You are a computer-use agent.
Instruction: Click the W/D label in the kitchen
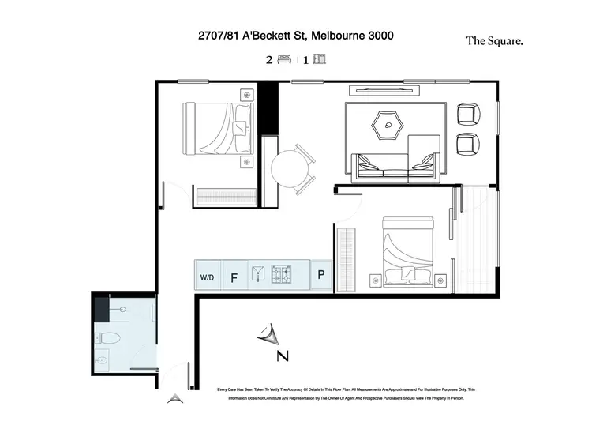tap(208, 277)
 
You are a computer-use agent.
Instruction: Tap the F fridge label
tap(234, 277)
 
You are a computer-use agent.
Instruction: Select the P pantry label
tap(321, 276)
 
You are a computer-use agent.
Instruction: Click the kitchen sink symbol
tap(258, 276)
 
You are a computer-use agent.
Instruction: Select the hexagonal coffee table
tap(388, 123)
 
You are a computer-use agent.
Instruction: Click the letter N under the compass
tap(281, 356)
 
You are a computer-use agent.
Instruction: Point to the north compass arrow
tap(268, 337)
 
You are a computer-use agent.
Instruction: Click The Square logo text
tap(494, 41)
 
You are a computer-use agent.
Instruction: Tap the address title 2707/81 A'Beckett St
tap(296, 36)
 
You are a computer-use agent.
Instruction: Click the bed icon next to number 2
tap(285, 59)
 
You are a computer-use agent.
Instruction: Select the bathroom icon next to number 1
tap(319, 59)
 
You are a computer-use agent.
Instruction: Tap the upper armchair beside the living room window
tap(469, 115)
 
